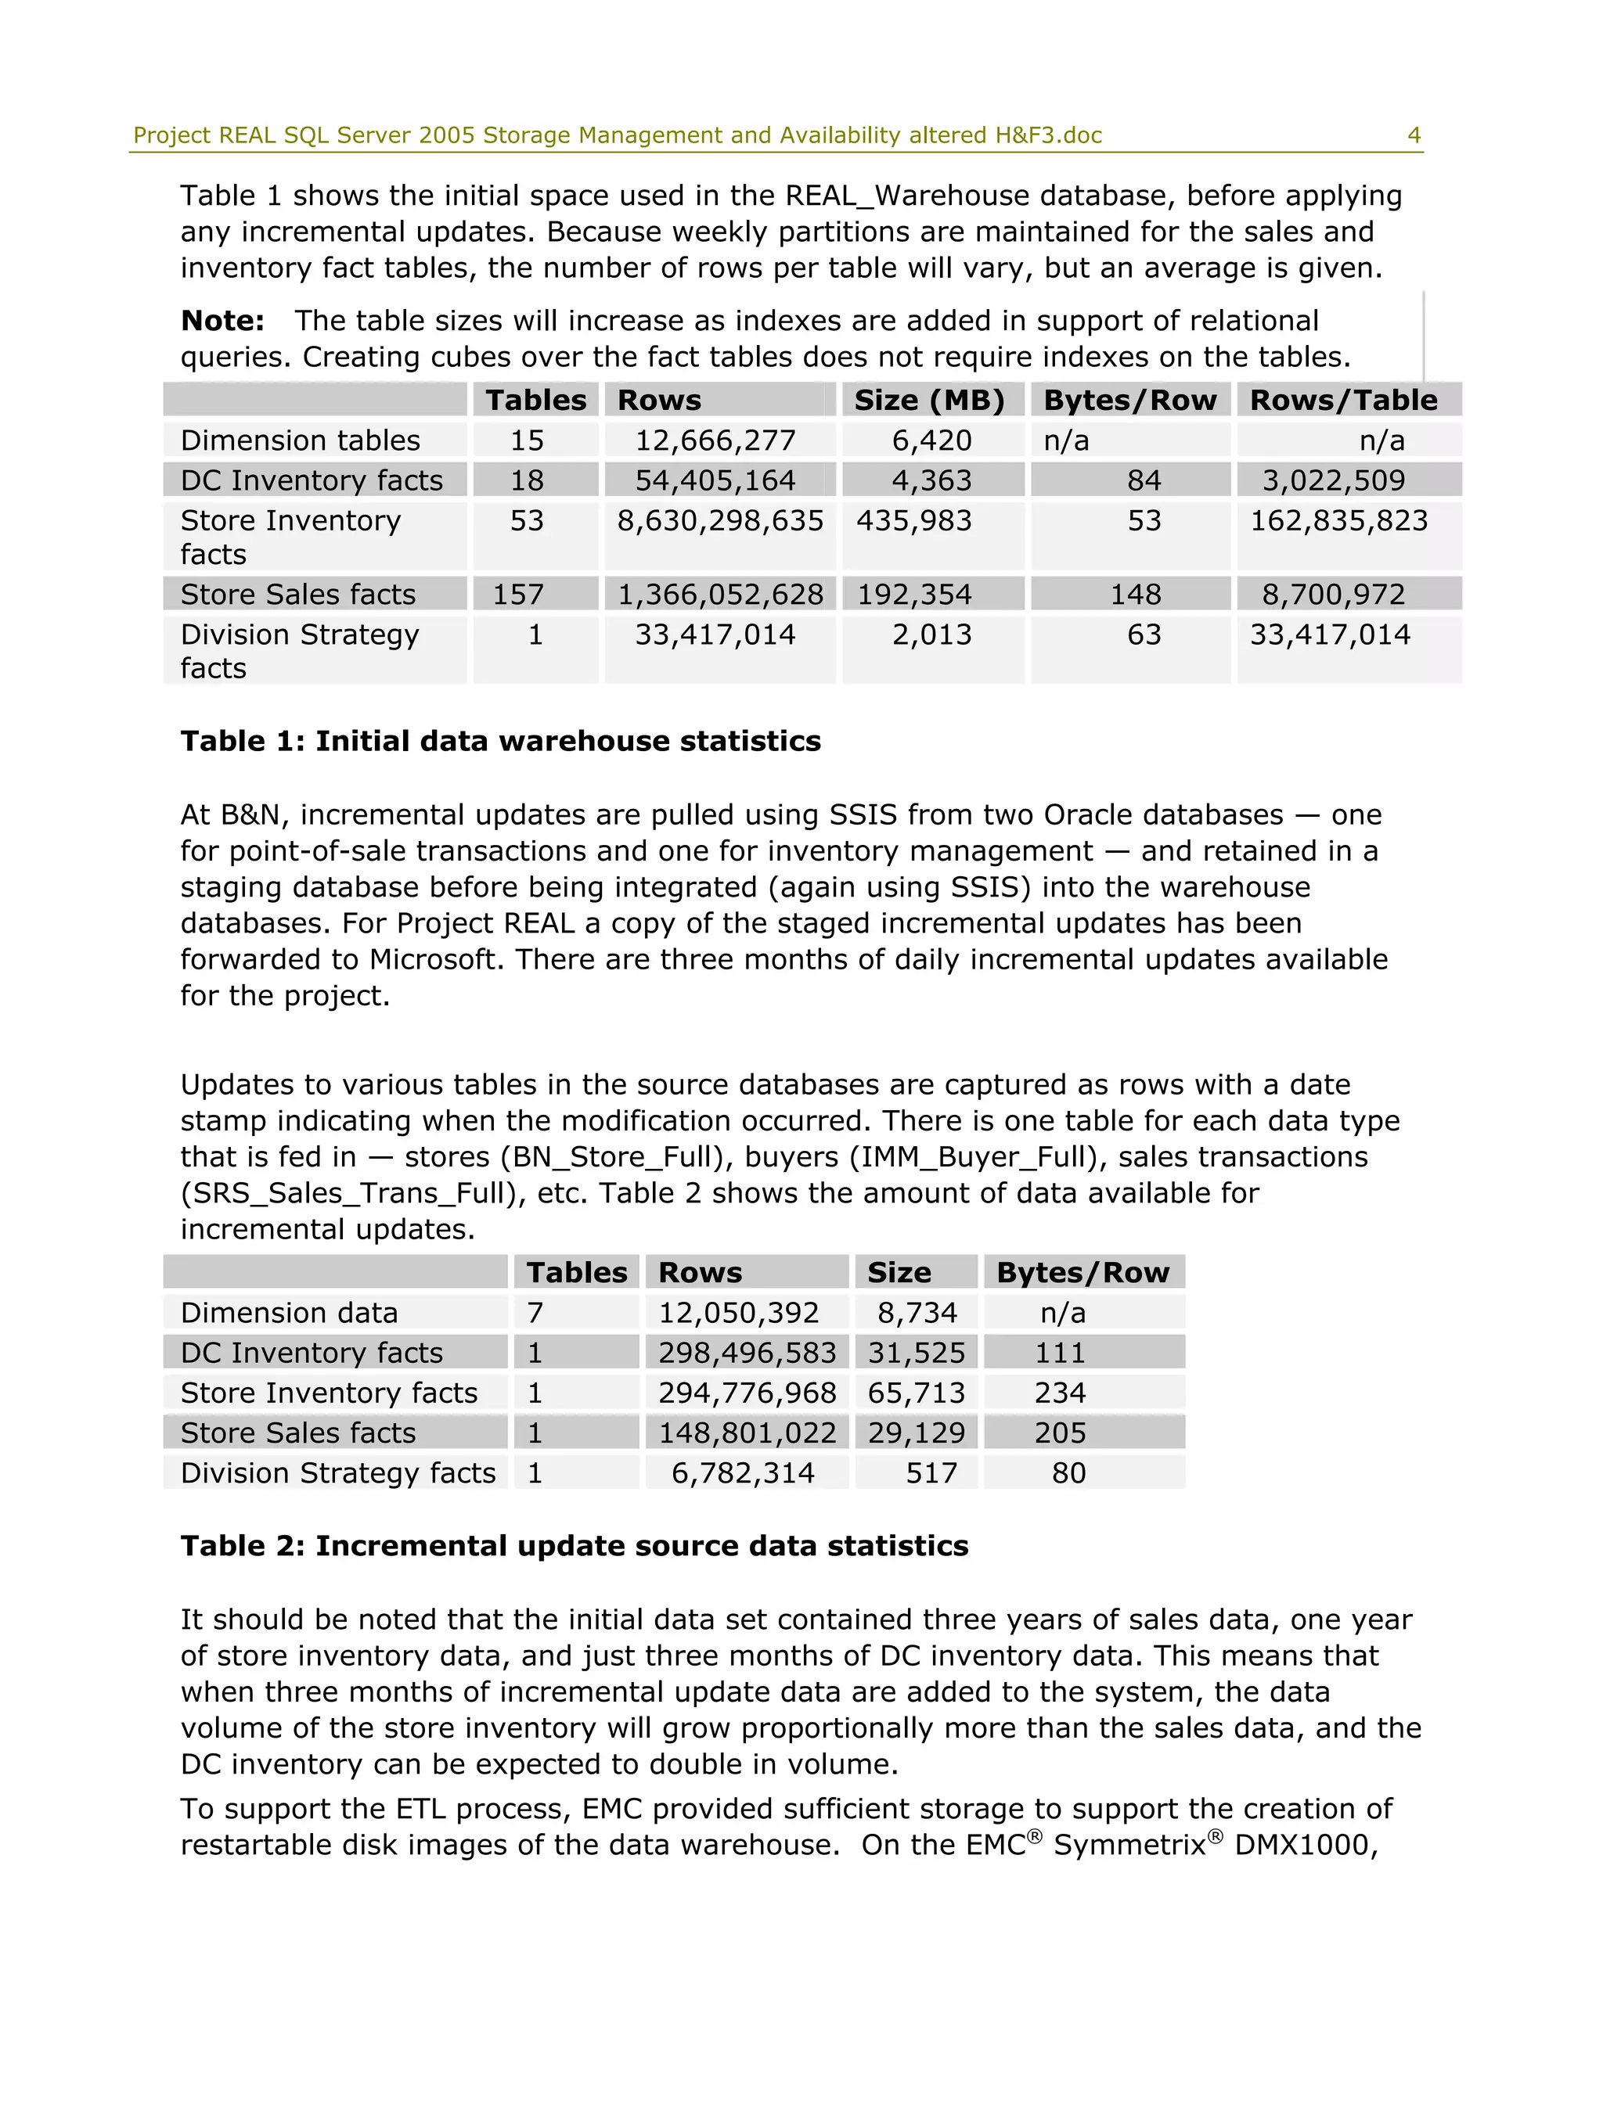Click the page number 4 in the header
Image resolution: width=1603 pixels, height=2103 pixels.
1413,135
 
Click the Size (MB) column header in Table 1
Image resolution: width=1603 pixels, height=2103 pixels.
928,401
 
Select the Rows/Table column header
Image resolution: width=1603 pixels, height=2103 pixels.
1342,401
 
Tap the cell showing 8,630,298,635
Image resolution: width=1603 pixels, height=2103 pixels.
720,521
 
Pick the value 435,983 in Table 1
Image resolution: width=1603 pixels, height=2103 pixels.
913,521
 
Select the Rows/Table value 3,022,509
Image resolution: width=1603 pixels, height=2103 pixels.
1333,480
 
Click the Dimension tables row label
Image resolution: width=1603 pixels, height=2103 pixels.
300,440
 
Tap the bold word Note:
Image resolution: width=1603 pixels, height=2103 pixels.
222,322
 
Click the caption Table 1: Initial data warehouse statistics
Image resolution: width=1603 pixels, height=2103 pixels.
500,741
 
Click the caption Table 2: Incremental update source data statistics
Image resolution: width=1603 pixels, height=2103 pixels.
574,1546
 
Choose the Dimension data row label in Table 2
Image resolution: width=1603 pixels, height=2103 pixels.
288,1314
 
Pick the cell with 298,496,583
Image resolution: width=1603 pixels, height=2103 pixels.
746,1353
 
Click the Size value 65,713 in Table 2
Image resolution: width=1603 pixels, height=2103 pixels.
915,1393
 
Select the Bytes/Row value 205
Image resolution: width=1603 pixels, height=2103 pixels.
1060,1433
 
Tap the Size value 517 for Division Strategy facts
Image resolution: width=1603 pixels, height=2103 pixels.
931,1473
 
